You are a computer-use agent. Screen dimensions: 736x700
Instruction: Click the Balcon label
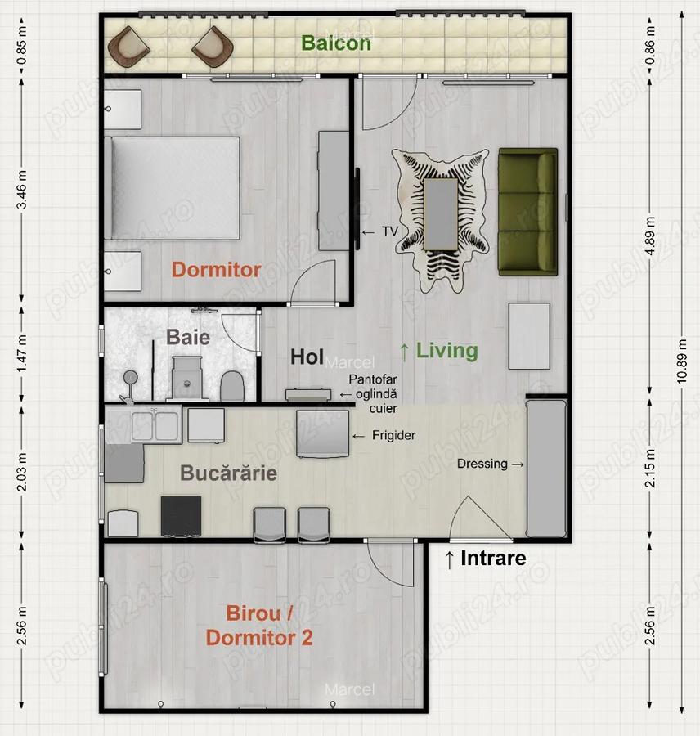tap(336, 43)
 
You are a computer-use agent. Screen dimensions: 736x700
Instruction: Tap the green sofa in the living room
tap(527, 211)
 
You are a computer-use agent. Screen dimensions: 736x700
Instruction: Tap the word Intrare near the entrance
tap(493, 559)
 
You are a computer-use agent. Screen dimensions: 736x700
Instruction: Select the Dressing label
tap(482, 464)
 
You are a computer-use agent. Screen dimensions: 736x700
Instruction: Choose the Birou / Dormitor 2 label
tap(259, 626)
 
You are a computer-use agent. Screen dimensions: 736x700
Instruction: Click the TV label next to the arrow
tap(389, 231)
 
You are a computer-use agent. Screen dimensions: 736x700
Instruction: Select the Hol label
tap(308, 357)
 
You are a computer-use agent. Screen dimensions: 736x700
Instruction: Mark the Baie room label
tap(188, 337)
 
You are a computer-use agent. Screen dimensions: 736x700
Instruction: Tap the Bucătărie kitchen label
tap(228, 473)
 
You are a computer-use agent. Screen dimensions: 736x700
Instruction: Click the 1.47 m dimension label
tap(22, 350)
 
